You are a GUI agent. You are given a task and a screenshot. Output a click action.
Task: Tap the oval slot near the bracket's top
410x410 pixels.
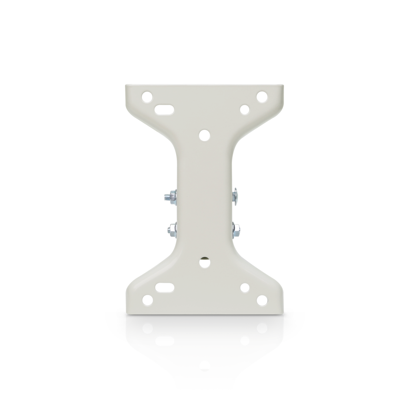tap(165, 109)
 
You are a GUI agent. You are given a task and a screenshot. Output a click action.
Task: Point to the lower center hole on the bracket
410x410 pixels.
tap(205, 261)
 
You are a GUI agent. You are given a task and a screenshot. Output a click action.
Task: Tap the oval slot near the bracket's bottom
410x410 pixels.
tap(165, 287)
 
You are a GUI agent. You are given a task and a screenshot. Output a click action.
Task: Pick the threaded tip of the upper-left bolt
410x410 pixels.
tap(165, 197)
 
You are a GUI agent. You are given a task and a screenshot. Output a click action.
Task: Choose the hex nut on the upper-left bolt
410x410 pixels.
tap(172, 196)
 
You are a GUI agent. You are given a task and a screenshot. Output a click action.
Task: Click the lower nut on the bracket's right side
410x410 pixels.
tap(235, 229)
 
